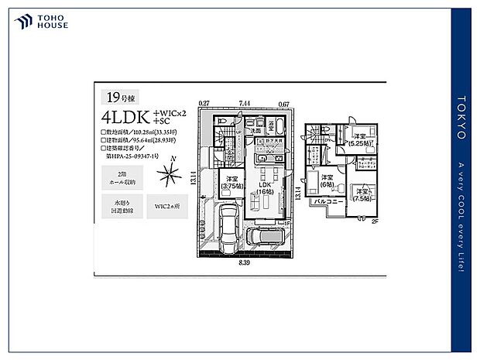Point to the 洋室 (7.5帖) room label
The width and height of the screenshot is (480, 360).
click(x=362, y=194)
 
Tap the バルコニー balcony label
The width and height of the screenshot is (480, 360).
click(x=328, y=201)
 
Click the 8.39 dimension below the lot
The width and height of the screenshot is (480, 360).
click(x=243, y=262)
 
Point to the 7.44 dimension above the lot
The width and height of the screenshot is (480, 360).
click(x=245, y=103)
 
